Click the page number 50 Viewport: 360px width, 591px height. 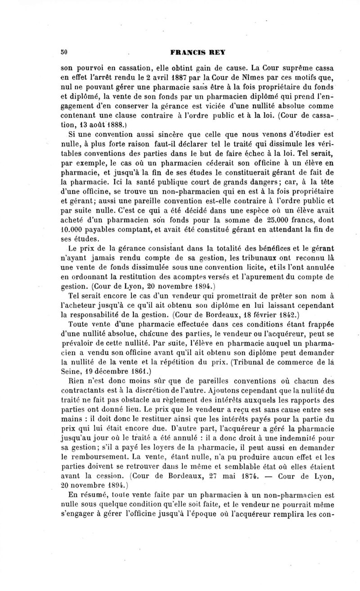point(64,52)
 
